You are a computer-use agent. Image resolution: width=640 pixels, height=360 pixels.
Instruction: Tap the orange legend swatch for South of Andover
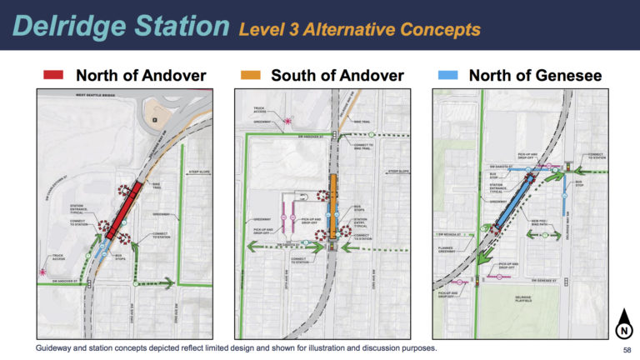(x=249, y=76)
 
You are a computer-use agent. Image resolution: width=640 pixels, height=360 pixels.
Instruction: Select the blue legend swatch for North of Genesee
(x=448, y=76)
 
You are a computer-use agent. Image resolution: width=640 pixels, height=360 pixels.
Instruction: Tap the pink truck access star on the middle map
(x=287, y=121)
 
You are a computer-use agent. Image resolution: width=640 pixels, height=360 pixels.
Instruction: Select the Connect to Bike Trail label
(x=362, y=147)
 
